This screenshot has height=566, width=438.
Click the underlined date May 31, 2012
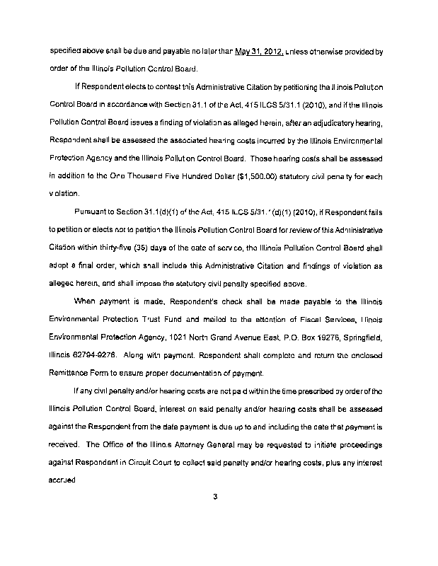point(259,52)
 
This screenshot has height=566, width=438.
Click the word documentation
point(186,373)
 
